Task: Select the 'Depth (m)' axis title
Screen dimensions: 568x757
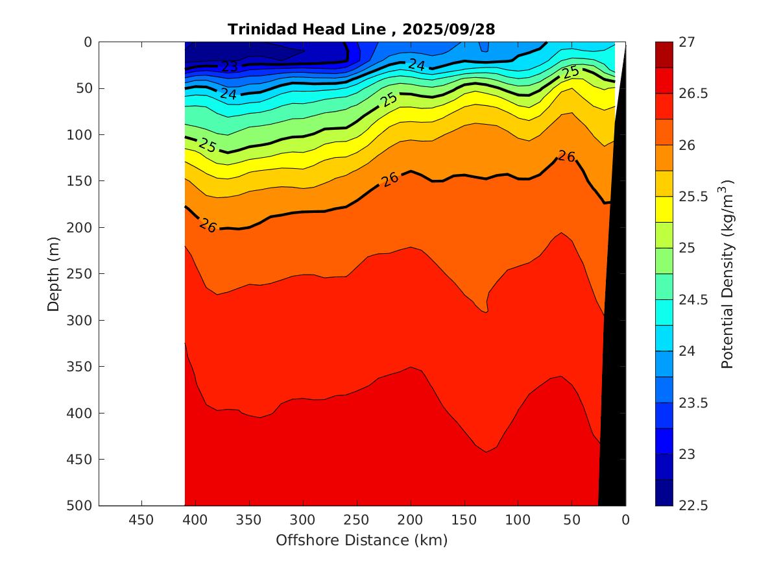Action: (x=54, y=273)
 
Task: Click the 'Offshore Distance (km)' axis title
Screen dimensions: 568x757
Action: (x=361, y=540)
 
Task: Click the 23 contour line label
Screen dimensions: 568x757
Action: (x=230, y=66)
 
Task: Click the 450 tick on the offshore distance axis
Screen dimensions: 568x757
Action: (x=141, y=520)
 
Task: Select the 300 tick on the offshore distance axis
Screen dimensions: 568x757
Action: (x=303, y=520)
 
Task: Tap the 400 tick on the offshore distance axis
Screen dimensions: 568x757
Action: (x=195, y=520)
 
